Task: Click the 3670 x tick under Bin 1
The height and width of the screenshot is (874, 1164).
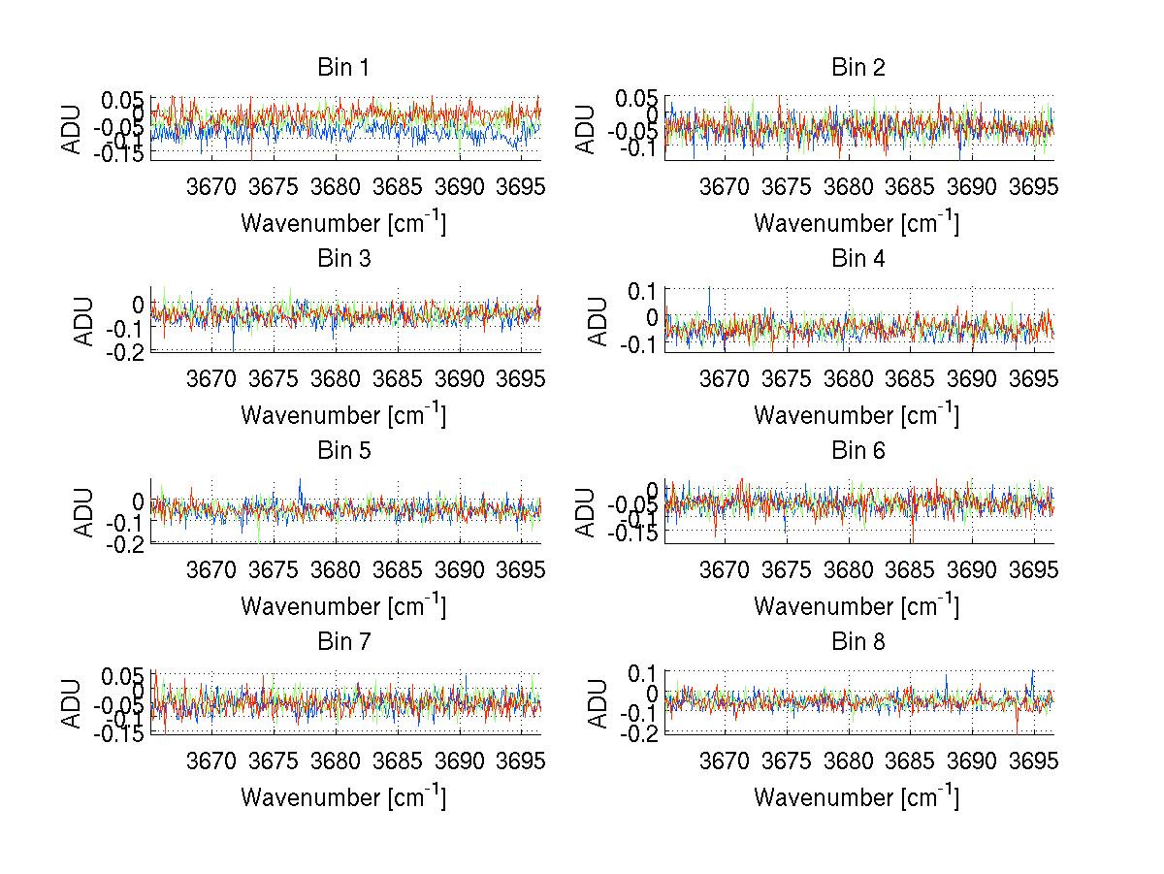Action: [x=211, y=187]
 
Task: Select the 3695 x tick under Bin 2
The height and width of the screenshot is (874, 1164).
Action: [x=1033, y=187]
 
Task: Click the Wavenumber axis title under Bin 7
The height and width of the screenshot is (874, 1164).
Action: [x=343, y=796]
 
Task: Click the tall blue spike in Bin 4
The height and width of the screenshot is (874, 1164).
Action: [x=709, y=291]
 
